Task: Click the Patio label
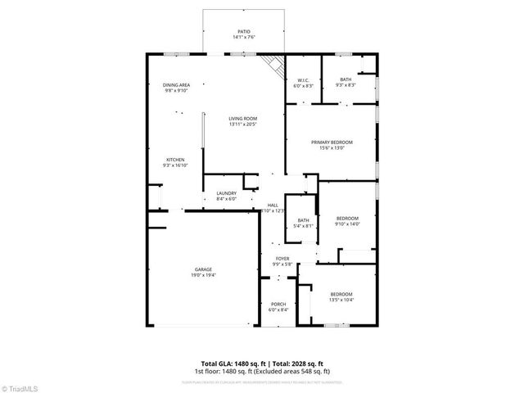pyautogui.click(x=243, y=34)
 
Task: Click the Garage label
pyautogui.click(x=203, y=269)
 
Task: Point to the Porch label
pyautogui.click(x=278, y=305)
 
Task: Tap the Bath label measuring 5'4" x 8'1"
pyautogui.click(x=303, y=222)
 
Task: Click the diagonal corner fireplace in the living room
pyautogui.click(x=272, y=65)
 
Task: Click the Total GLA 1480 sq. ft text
pyautogui.click(x=230, y=364)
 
